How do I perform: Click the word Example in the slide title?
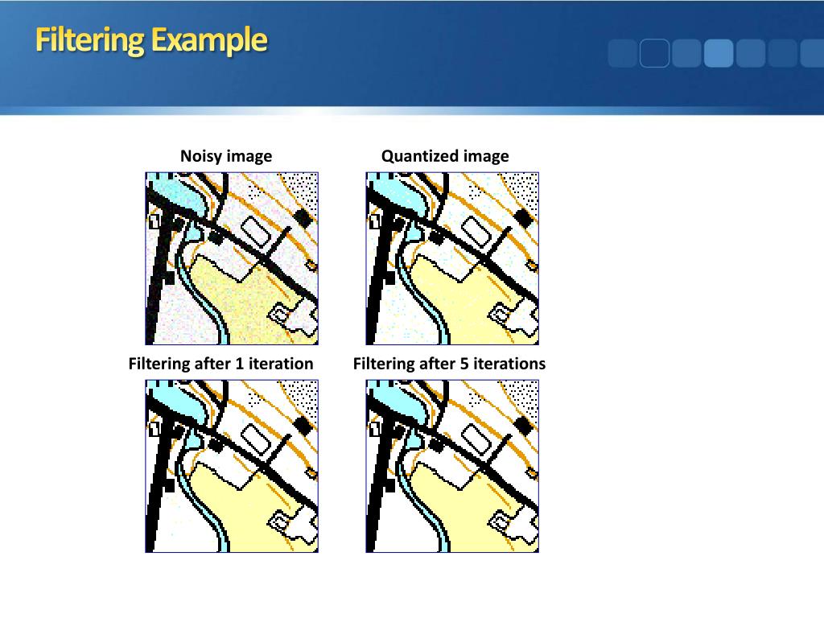(x=208, y=39)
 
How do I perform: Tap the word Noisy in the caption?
(x=201, y=156)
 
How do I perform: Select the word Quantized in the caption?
(x=416, y=156)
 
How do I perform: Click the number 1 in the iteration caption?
(x=239, y=364)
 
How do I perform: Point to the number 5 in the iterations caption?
(x=464, y=364)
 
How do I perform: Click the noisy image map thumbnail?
(x=232, y=258)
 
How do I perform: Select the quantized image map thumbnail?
(x=452, y=258)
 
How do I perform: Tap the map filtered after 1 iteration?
(x=232, y=466)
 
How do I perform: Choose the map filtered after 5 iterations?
(x=452, y=466)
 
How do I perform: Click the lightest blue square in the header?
(x=719, y=53)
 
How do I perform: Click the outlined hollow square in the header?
(x=654, y=53)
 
